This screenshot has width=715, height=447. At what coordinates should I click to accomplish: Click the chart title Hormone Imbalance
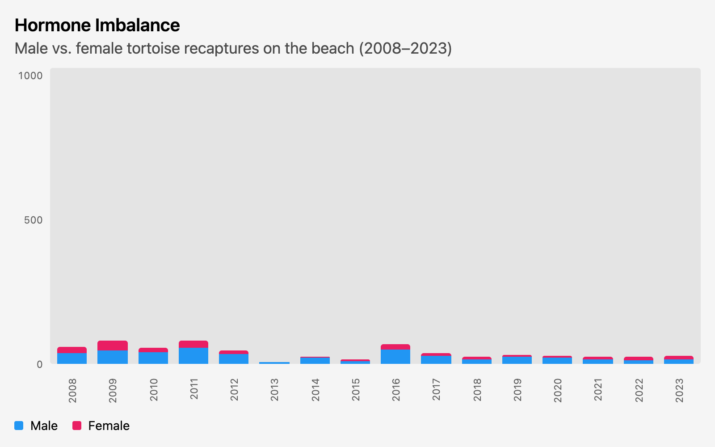[97, 25]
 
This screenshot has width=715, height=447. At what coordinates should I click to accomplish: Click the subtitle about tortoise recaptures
[233, 48]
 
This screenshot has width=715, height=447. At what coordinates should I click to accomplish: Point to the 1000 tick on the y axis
[30, 76]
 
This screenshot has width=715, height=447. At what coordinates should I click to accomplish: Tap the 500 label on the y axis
[33, 220]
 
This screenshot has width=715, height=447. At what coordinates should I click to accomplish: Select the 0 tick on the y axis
[39, 364]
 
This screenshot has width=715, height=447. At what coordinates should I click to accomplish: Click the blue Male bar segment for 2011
[193, 356]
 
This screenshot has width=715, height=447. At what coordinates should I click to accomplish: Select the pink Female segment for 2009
[113, 345]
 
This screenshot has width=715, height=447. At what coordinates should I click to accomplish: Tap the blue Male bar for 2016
[395, 357]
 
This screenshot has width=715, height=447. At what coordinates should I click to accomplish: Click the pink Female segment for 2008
[72, 350]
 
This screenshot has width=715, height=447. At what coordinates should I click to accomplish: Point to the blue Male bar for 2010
[153, 358]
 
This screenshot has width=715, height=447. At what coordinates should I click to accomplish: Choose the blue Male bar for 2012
[234, 359]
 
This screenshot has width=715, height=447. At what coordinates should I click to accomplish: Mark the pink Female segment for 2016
[395, 347]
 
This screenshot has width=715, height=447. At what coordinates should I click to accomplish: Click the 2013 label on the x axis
[274, 390]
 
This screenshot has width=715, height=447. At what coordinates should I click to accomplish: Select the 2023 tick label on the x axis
[679, 390]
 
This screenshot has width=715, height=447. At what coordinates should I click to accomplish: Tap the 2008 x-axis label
[72, 390]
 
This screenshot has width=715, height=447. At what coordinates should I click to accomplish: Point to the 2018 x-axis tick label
[477, 390]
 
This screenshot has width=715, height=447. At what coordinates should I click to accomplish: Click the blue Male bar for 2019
[517, 360]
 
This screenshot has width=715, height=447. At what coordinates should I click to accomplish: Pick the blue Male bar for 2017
[436, 360]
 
